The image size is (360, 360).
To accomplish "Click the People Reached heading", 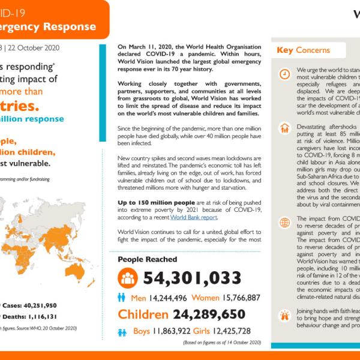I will (147, 259).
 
